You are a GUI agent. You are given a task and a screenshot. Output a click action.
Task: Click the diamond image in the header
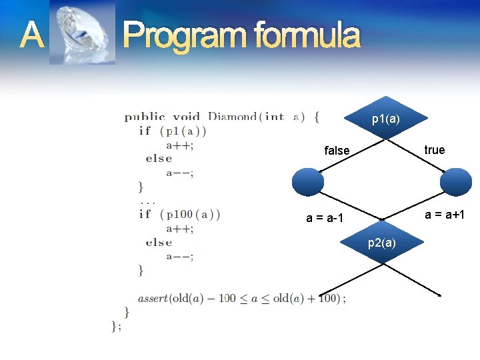click(x=82, y=33)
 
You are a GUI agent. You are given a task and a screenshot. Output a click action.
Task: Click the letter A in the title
click(x=31, y=35)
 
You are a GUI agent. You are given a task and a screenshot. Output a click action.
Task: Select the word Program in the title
click(x=182, y=36)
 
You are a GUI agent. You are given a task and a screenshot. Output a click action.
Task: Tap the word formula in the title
click(x=302, y=36)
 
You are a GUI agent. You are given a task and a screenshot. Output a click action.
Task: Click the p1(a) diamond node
click(x=386, y=119)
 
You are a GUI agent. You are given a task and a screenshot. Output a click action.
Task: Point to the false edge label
click(x=337, y=151)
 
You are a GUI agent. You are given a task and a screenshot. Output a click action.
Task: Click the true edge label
click(x=434, y=150)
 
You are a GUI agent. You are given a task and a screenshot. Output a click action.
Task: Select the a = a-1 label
click(x=324, y=218)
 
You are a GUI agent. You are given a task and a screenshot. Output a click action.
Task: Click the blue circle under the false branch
click(x=308, y=181)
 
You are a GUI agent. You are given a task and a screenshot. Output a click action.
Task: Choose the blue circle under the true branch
click(x=456, y=181)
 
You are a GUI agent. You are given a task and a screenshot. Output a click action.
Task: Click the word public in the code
click(x=145, y=117)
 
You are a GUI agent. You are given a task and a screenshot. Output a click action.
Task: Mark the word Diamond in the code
click(x=232, y=117)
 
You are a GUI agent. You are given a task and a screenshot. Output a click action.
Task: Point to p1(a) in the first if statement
click(x=182, y=131)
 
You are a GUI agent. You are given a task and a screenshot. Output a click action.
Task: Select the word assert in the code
click(x=153, y=298)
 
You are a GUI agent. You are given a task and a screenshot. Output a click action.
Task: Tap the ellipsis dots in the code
click(x=147, y=201)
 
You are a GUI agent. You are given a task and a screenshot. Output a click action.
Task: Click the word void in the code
click(x=187, y=117)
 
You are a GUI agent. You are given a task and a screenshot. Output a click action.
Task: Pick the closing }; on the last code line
click(x=117, y=325)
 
